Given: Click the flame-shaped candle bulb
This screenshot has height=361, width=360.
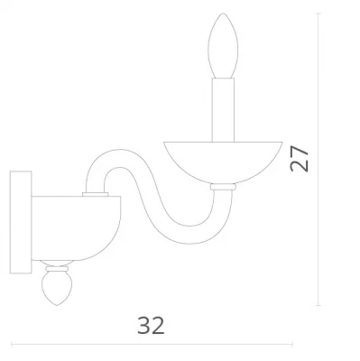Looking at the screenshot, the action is [x=223, y=46].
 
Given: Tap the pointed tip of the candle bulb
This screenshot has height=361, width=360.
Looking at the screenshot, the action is [x=223, y=14].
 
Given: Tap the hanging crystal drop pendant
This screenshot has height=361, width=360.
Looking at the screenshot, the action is [x=57, y=288].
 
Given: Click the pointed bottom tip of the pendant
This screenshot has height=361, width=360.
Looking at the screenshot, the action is [x=57, y=305].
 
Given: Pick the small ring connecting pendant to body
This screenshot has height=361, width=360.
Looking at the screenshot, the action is [x=57, y=268].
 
